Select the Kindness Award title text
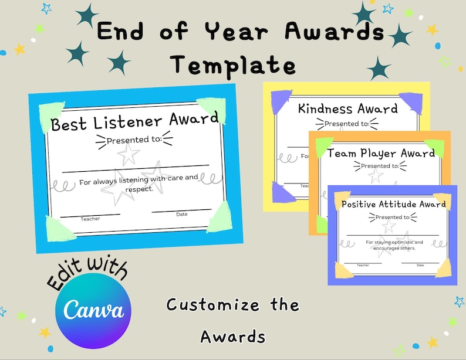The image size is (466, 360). click(347, 108)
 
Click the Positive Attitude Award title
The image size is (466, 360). click(393, 205)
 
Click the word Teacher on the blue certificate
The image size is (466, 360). click(90, 219)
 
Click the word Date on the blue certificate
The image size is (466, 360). click(182, 214)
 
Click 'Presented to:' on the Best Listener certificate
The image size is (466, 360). click(134, 140)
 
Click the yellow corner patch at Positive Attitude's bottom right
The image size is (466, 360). click(443, 268)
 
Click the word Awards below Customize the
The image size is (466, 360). click(232, 337)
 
